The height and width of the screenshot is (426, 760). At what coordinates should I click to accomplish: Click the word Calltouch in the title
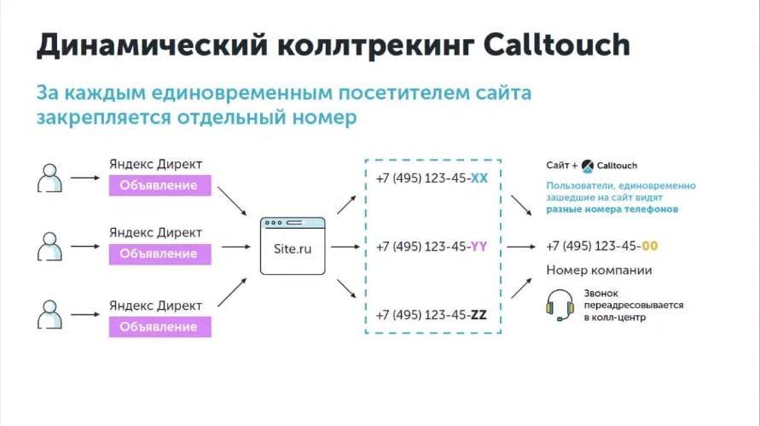point(556,44)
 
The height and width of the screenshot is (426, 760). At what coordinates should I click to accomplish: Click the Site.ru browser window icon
point(293,246)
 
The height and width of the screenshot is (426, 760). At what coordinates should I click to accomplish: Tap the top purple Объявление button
point(160,185)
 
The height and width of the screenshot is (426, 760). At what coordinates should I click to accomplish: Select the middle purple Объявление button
point(160,254)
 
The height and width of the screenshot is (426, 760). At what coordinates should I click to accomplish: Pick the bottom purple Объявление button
point(160,326)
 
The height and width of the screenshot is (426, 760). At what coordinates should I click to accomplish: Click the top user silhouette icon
point(50,178)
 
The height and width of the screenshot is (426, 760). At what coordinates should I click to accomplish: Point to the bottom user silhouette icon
point(50,314)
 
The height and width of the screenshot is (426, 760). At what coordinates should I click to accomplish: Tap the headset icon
point(560,305)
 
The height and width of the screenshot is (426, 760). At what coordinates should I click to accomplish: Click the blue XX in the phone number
point(479,178)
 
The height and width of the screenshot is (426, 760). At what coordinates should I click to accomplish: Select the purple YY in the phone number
point(479,247)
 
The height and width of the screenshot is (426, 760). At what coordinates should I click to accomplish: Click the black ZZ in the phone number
point(479,315)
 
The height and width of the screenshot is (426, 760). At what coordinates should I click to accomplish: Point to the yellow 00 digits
point(649,247)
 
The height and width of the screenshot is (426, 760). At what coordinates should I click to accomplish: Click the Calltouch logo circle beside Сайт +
point(588,166)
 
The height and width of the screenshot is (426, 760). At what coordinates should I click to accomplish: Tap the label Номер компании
point(599,271)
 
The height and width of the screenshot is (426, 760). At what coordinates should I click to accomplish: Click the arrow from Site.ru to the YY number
point(345,247)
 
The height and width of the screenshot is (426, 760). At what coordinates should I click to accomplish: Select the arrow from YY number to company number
point(521,247)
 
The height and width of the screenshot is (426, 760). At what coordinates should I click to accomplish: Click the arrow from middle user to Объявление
point(85,247)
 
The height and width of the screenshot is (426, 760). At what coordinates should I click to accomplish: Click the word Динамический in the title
point(152,45)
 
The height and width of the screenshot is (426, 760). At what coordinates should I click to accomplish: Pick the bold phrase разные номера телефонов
point(612,210)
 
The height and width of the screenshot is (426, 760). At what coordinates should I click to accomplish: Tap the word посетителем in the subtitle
point(403,92)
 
